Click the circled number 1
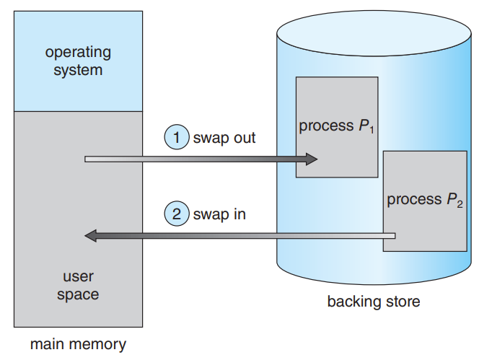click(x=177, y=137)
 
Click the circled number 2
click(x=177, y=214)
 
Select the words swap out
click(x=224, y=137)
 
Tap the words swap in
click(x=219, y=214)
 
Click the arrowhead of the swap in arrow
click(x=91, y=235)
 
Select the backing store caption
click(x=373, y=301)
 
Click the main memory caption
click(x=78, y=344)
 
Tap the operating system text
click(x=78, y=61)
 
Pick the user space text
click(x=78, y=285)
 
